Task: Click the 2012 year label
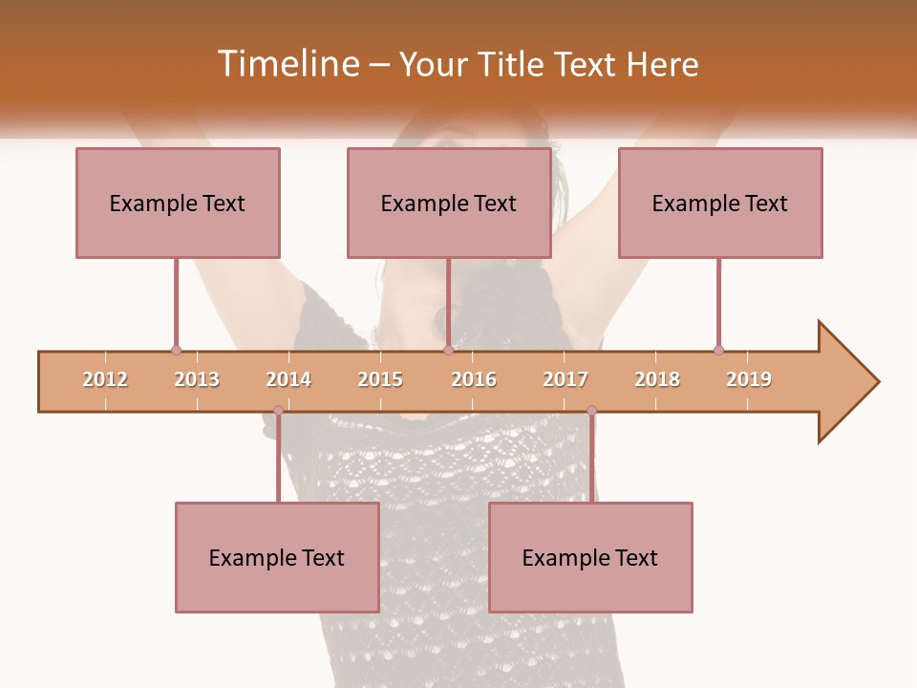click(105, 379)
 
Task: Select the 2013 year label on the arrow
click(197, 379)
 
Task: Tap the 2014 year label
click(288, 379)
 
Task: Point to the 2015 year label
click(380, 379)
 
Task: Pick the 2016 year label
click(474, 379)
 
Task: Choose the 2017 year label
click(565, 379)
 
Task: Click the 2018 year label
click(657, 379)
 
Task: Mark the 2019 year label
click(749, 379)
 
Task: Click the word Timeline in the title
click(288, 64)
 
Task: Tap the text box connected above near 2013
click(178, 203)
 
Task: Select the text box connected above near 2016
click(449, 203)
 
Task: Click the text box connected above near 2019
click(720, 203)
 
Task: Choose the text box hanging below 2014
click(277, 557)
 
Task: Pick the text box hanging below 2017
click(590, 557)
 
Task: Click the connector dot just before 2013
click(176, 351)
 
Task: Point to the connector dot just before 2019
click(718, 351)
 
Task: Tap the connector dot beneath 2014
click(278, 411)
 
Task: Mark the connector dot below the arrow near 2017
click(591, 411)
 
